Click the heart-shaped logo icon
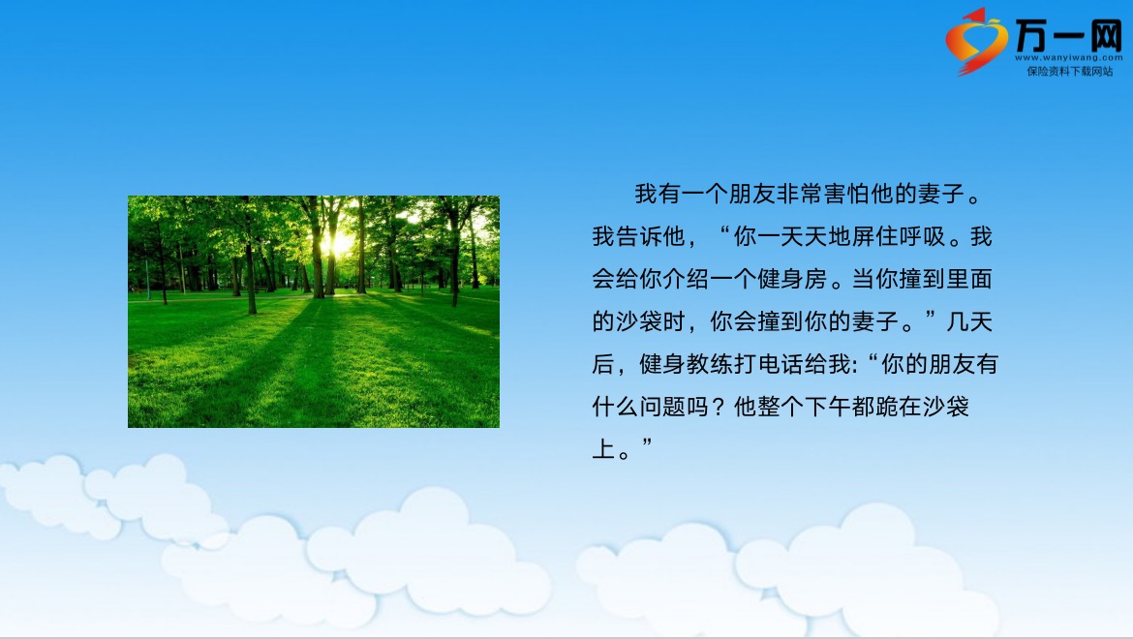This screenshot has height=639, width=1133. pyautogui.click(x=976, y=41)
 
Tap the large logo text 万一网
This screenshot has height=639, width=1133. pyautogui.click(x=1069, y=35)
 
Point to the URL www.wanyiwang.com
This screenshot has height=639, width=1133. pyautogui.click(x=1069, y=58)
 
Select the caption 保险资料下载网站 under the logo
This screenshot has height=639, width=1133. pyautogui.click(x=1069, y=71)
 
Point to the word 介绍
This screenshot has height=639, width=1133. pyautogui.click(x=686, y=280)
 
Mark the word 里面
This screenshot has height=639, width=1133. pyautogui.click(x=969, y=280)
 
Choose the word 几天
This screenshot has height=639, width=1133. pyautogui.click(x=969, y=322)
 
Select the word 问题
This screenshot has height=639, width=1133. pyautogui.click(x=661, y=408)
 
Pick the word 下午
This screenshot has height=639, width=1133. pyautogui.click(x=827, y=408)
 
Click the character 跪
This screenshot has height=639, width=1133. pyautogui.click(x=887, y=408)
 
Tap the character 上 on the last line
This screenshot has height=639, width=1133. pyautogui.click(x=603, y=450)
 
